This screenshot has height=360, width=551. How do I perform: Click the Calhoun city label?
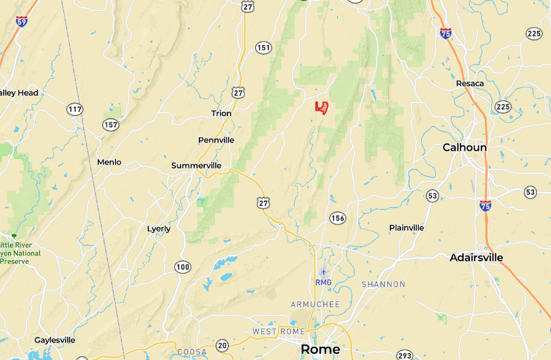click(464, 147)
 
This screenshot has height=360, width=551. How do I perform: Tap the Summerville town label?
click(196, 166)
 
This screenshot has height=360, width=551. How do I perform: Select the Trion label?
click(221, 113)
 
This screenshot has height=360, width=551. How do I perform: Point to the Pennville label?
click(216, 140)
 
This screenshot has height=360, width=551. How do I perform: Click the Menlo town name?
click(109, 162)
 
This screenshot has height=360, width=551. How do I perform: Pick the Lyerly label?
click(158, 229)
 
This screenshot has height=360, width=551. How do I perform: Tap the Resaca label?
click(470, 83)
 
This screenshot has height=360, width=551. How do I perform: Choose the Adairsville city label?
click(476, 257)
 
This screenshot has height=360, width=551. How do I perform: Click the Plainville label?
click(406, 228)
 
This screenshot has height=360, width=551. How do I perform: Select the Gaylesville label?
click(55, 340)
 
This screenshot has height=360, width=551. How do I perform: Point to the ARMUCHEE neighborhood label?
click(315, 305)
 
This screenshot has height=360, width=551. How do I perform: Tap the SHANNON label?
click(383, 284)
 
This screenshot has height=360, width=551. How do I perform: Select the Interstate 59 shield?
click(21, 21)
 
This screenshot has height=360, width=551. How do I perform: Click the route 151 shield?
click(263, 48)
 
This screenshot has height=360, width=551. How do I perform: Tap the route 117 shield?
click(75, 110)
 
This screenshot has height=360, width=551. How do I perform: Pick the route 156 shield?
click(337, 218)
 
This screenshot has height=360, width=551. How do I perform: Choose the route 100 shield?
click(183, 267)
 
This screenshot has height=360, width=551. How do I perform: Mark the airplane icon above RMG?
click(324, 272)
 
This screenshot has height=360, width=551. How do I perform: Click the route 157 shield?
click(110, 125)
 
